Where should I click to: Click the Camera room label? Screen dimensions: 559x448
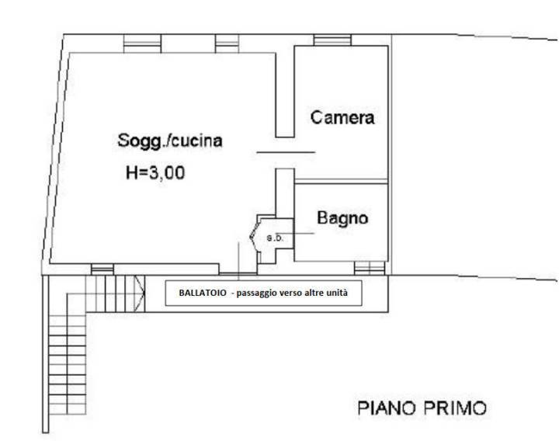(342, 117)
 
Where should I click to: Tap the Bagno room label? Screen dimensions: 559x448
(342, 218)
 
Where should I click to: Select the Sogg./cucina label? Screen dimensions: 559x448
(170, 141)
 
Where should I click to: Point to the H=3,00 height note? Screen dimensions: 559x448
(155, 173)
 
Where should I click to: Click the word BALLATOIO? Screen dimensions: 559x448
(203, 293)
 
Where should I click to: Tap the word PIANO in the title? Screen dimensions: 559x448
(387, 408)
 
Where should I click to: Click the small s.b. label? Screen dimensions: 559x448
(275, 238)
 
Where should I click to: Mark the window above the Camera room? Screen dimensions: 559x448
(332, 40)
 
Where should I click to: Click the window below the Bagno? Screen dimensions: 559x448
(370, 268)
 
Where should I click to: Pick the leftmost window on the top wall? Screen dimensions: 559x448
(142, 43)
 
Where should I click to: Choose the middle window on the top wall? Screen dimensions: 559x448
(227, 43)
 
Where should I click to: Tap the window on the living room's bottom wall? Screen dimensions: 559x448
(102, 269)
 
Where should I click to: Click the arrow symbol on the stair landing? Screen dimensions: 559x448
(140, 293)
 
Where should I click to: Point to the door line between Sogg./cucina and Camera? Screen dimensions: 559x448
(286, 152)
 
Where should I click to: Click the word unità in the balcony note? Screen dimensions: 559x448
(338, 293)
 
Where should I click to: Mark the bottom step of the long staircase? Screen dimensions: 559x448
(68, 409)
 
